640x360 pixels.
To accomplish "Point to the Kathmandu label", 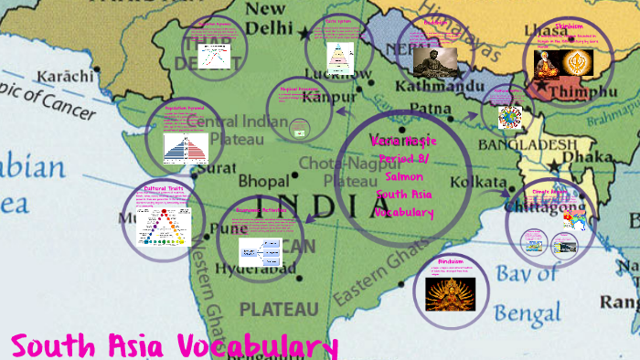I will (x=438, y=87).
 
